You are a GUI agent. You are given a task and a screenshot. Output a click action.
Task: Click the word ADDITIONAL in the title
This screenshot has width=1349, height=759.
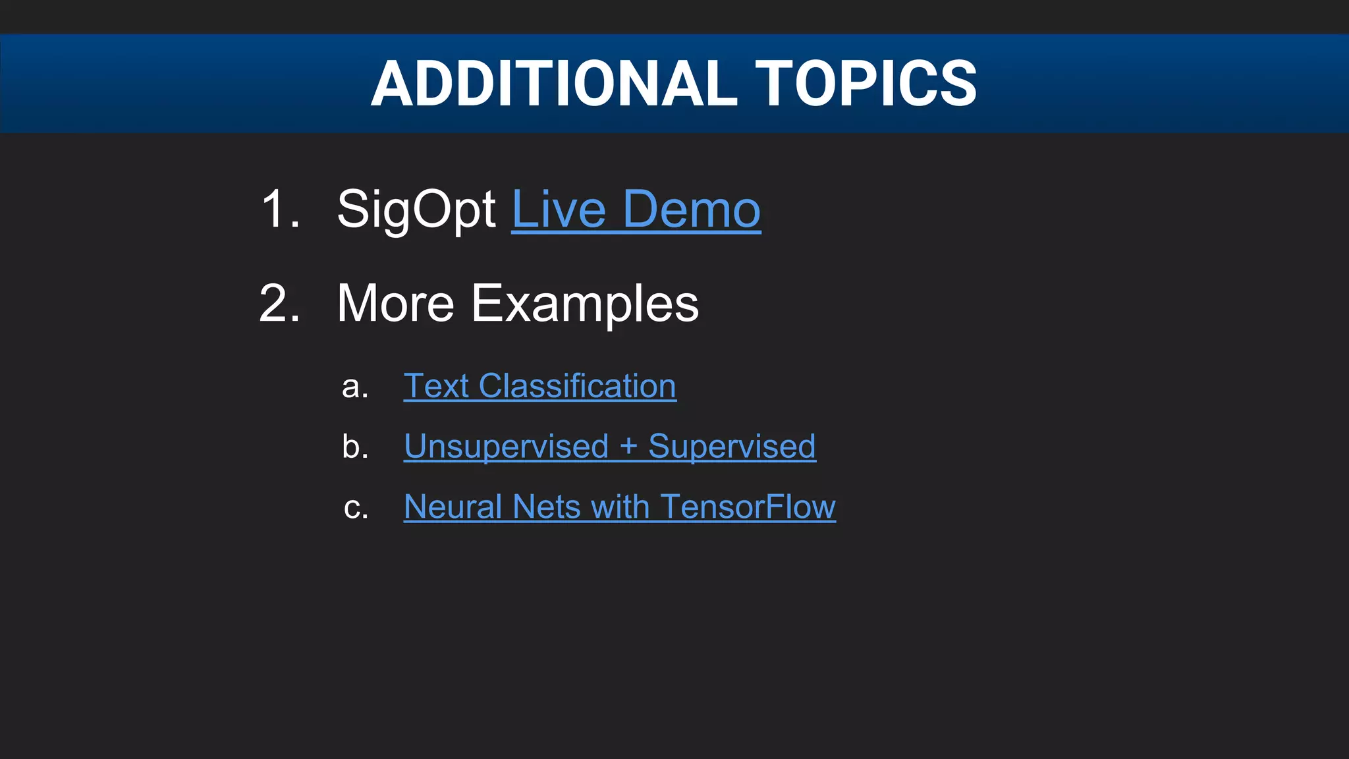pyautogui.click(x=554, y=84)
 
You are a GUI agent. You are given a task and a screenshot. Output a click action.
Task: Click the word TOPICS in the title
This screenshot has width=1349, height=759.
pyautogui.click(x=866, y=84)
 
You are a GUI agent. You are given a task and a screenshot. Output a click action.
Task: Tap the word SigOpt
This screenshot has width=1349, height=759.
pyautogui.click(x=416, y=210)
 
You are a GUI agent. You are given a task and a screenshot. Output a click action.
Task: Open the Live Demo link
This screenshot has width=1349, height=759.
pyautogui.click(x=636, y=210)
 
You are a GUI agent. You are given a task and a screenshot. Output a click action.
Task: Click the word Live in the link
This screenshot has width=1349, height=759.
pyautogui.click(x=559, y=210)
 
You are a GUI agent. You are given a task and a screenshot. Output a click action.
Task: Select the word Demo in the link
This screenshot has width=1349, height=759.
pyautogui.click(x=692, y=210)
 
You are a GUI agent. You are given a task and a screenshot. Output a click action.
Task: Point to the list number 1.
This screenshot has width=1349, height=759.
pyautogui.click(x=280, y=210)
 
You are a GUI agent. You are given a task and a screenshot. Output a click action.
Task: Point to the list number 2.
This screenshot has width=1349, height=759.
pyautogui.click(x=280, y=304)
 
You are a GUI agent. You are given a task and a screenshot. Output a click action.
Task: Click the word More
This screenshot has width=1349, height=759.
pyautogui.click(x=395, y=304)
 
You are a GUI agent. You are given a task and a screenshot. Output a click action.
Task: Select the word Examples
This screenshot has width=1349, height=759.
pyautogui.click(x=585, y=304)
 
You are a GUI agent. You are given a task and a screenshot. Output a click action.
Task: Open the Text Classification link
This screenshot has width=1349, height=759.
pyautogui.click(x=539, y=386)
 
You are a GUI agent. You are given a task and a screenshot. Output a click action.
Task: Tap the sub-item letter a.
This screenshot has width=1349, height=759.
pyautogui.click(x=354, y=387)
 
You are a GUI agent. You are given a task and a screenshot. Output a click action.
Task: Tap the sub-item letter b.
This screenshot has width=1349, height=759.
pyautogui.click(x=354, y=447)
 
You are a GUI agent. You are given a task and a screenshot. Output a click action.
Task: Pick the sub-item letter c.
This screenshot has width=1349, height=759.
pyautogui.click(x=355, y=509)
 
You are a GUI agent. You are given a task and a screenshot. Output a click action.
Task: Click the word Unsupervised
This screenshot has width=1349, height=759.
pyautogui.click(x=506, y=447)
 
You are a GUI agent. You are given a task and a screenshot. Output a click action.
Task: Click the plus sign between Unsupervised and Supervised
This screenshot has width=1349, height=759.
pyautogui.click(x=628, y=447)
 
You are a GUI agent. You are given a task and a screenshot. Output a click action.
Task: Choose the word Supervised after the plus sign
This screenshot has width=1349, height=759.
pyautogui.click(x=732, y=447)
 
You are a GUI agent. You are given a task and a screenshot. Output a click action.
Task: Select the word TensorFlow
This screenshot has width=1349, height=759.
pyautogui.click(x=748, y=507)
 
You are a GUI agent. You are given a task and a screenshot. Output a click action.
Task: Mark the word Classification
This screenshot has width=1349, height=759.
pyautogui.click(x=577, y=386)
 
